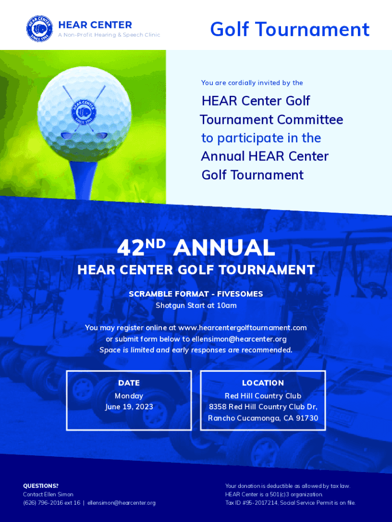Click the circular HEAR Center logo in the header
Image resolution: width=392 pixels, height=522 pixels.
(40, 29)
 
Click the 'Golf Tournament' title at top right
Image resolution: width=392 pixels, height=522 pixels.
(290, 29)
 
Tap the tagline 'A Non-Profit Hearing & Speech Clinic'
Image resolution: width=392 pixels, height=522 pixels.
(109, 35)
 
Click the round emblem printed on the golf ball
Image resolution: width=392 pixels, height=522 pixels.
(84, 111)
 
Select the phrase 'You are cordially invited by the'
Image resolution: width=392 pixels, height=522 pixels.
(252, 83)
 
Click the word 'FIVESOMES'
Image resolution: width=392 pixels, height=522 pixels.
(240, 294)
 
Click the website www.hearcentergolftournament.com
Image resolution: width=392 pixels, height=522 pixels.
(242, 328)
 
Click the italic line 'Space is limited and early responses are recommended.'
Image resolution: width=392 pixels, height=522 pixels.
(196, 350)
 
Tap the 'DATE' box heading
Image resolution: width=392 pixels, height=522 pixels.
(129, 383)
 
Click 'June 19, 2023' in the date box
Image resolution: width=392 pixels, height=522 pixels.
(129, 407)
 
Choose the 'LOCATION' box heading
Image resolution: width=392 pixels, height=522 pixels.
(263, 383)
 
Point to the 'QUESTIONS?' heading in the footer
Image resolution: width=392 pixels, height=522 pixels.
(41, 486)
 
